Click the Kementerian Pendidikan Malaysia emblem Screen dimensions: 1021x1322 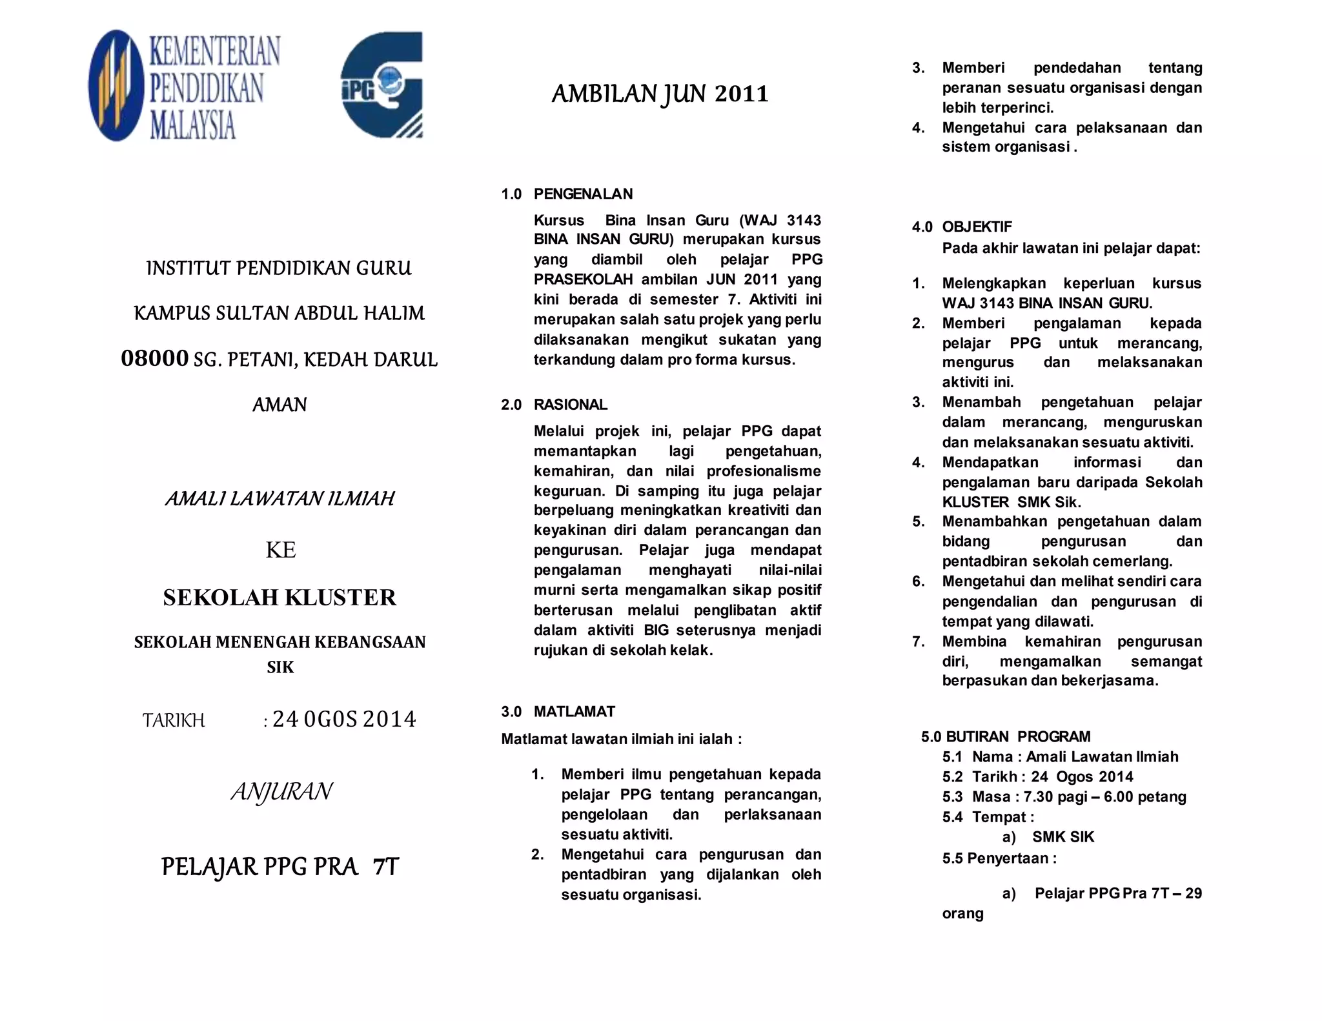coord(116,85)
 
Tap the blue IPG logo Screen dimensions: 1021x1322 coord(381,85)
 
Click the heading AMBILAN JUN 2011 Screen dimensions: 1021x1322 coord(660,94)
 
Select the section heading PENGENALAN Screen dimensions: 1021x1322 coord(583,194)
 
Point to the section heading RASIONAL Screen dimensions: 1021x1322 coord(570,405)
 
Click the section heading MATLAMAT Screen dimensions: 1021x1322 coord(574,711)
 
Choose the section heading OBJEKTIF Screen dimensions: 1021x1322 coord(977,227)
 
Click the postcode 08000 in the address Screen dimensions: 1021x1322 coord(155,358)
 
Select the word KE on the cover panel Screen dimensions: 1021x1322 coord(281,550)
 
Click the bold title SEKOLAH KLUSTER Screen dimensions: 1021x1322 coord(280,598)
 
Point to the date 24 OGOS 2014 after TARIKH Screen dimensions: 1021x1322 coord(344,719)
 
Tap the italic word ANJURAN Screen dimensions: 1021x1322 coord(281,791)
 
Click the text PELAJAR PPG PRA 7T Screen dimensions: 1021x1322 coord(280,867)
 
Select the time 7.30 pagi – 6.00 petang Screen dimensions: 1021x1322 coord(1104,796)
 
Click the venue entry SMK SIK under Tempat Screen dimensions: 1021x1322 coord(1063,837)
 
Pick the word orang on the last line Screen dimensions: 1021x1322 coord(962,913)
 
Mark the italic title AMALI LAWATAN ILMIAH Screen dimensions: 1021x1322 coord(280,499)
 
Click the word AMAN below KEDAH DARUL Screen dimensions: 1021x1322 coord(280,405)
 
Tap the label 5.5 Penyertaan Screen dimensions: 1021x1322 coord(999,858)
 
